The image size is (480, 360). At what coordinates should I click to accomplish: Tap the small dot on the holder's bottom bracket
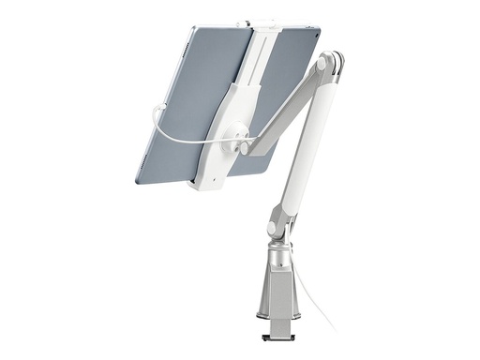(x=215, y=174)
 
